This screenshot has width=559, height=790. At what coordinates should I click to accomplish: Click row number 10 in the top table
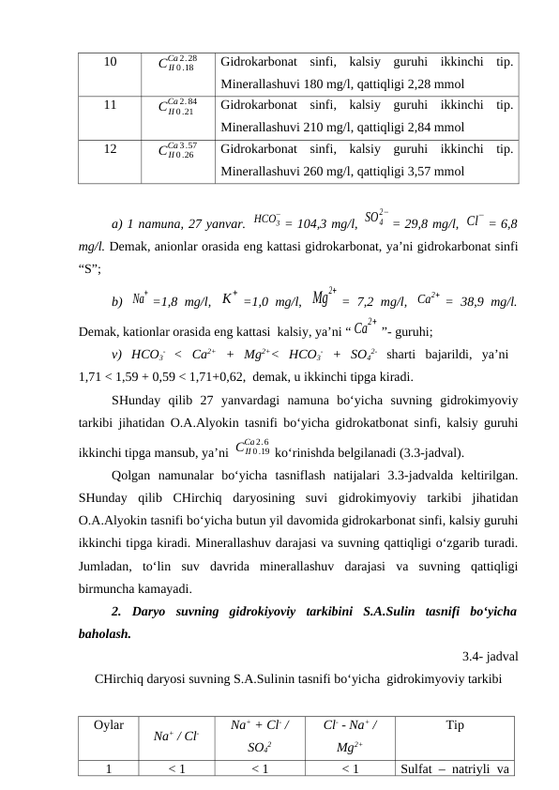pyautogui.click(x=110, y=63)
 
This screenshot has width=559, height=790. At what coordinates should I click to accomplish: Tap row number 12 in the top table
pyautogui.click(x=110, y=148)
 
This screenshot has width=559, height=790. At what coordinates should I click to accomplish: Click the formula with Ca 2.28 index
pyautogui.click(x=177, y=64)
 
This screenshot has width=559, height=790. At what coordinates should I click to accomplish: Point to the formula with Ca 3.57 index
pyautogui.click(x=177, y=149)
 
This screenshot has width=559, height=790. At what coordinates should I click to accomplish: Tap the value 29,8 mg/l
pyautogui.click(x=426, y=224)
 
